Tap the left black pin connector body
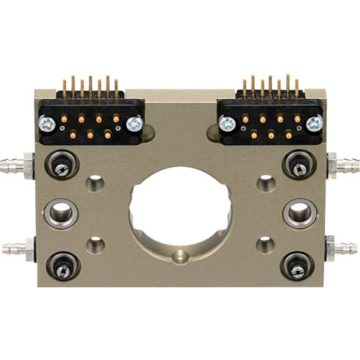[89, 123]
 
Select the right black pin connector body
[269, 123]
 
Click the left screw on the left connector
[45, 124]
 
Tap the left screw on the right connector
[226, 124]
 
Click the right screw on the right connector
[314, 124]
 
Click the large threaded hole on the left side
[61, 213]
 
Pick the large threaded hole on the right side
[298, 213]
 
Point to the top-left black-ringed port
[62, 166]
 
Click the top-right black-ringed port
[297, 166]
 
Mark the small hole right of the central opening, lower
[265, 245]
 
